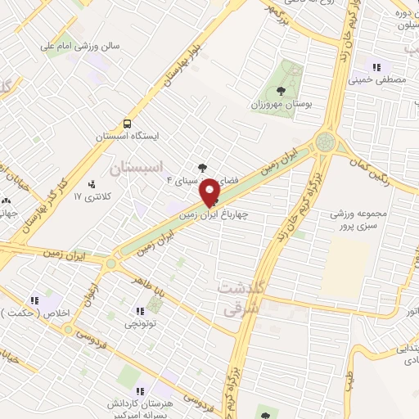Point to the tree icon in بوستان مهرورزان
[x=282, y=92]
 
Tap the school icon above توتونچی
[x=138, y=310]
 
